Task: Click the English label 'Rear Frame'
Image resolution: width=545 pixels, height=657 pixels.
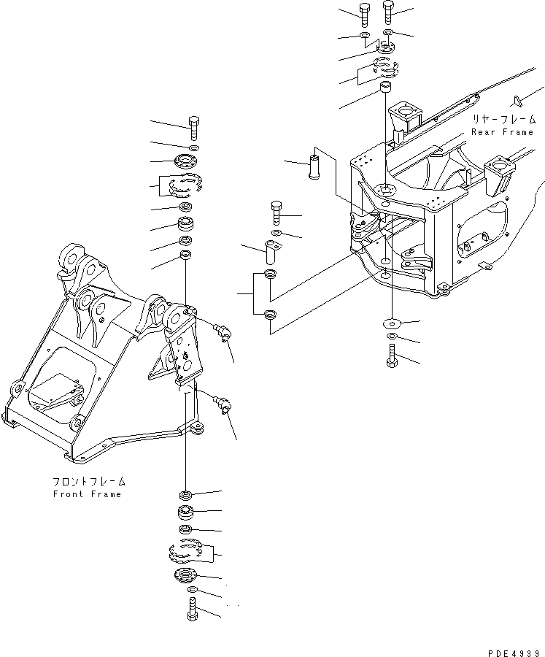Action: pos(502,132)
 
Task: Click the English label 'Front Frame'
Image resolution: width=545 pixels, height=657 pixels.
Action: pos(88,494)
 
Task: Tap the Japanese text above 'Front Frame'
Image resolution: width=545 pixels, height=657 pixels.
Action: pos(89,482)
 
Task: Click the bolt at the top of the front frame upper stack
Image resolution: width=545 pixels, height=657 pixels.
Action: pos(193,128)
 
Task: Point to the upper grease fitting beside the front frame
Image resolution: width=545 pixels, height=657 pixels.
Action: pos(223,332)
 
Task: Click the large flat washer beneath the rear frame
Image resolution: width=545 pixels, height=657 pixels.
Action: pos(393,322)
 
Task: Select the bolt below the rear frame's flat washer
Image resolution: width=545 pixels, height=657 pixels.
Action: pos(393,358)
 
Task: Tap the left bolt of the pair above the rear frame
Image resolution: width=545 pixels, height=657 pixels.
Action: pos(365,12)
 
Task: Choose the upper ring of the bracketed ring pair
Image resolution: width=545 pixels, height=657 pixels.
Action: pos(270,274)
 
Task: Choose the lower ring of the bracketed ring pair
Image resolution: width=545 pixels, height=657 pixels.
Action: pos(270,315)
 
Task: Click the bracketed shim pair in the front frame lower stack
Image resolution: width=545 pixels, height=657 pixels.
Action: pos(187,551)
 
